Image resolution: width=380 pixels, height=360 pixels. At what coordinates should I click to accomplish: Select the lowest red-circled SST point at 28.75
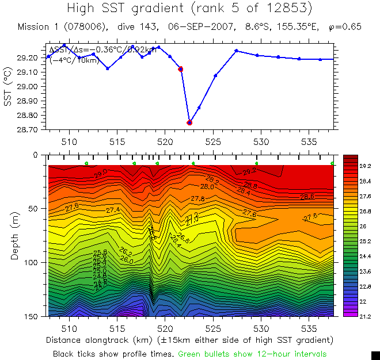189,122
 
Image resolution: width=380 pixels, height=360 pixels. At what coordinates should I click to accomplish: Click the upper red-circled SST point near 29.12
181,69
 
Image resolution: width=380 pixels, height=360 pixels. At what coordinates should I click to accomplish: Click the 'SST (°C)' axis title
8,87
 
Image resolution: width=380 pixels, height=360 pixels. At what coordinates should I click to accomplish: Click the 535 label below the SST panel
309,141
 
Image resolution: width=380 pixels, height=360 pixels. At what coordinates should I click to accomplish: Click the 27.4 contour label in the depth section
113,210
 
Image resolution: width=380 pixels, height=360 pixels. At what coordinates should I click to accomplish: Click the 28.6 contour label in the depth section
307,197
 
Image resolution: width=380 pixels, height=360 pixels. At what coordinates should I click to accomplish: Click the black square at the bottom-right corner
375,355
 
